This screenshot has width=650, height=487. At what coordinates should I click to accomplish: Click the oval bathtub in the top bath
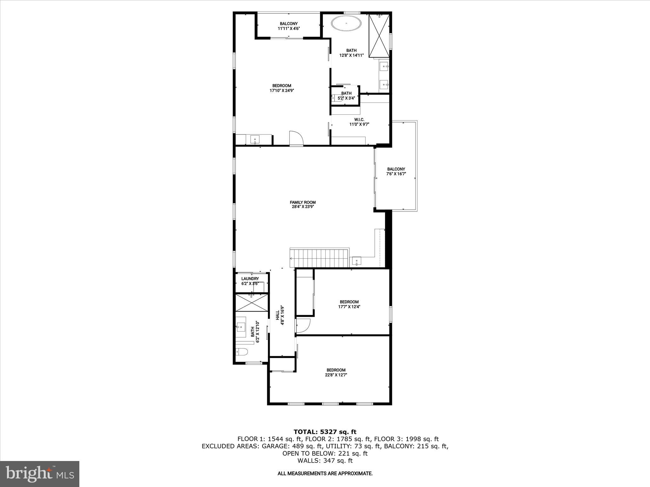click(346, 24)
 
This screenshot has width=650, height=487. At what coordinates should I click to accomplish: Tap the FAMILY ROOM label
click(302, 204)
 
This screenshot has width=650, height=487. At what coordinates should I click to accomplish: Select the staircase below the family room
click(320, 258)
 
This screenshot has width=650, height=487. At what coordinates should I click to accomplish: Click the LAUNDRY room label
click(250, 279)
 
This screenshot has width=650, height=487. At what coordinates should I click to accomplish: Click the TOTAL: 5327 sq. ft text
click(325, 432)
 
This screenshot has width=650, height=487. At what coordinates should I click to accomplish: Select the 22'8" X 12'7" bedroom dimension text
click(336, 375)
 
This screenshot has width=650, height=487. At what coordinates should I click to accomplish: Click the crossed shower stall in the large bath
click(379, 36)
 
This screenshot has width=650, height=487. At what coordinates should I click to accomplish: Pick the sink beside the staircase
click(357, 262)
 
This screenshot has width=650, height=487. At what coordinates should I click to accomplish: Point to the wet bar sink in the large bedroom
click(255, 139)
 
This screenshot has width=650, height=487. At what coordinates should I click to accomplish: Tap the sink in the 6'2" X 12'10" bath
click(241, 327)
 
